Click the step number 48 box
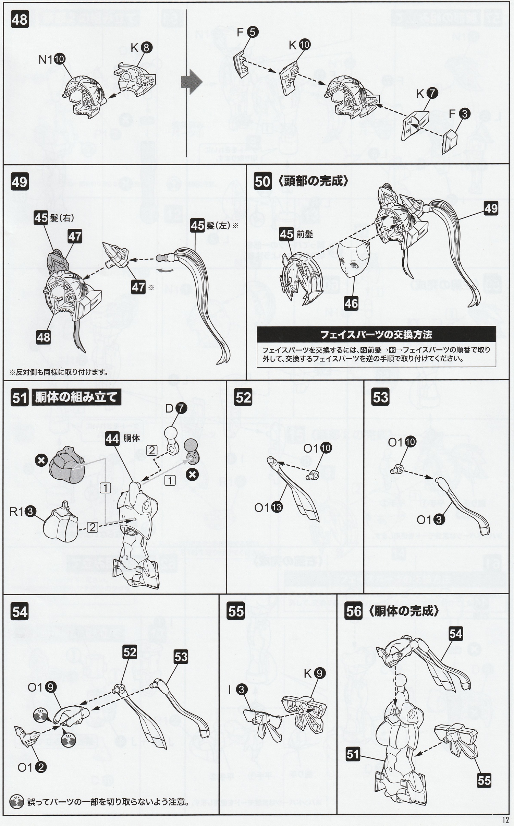click(x=19, y=20)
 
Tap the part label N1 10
click(x=51, y=59)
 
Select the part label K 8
click(x=141, y=48)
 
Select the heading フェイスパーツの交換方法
click(x=376, y=334)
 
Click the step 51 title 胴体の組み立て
click(x=76, y=397)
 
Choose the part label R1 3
click(x=23, y=512)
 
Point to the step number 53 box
click(x=381, y=397)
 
